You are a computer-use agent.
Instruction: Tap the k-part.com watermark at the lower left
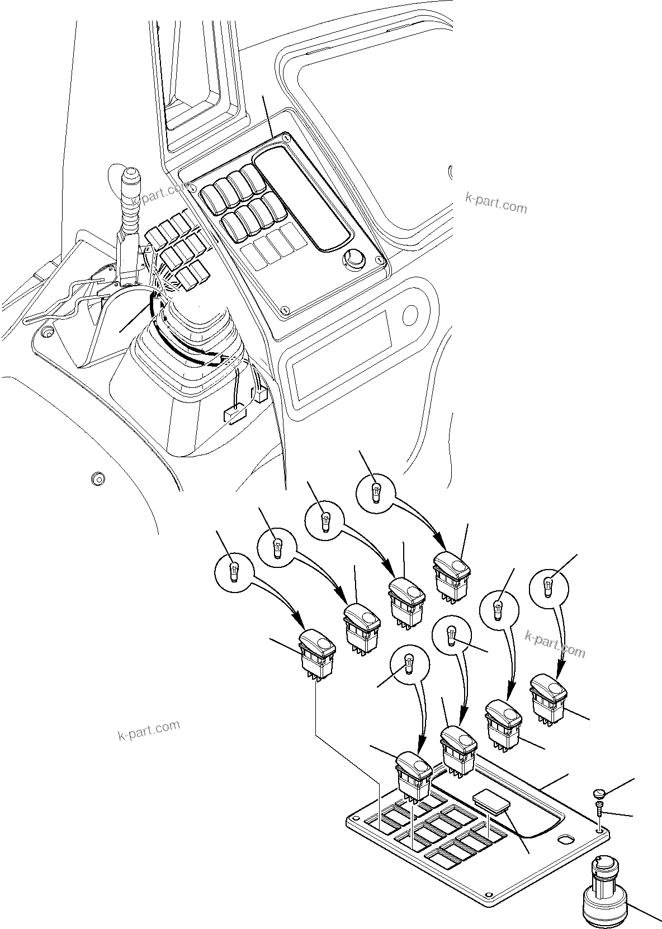point(149,729)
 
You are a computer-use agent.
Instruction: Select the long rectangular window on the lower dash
point(341,358)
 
